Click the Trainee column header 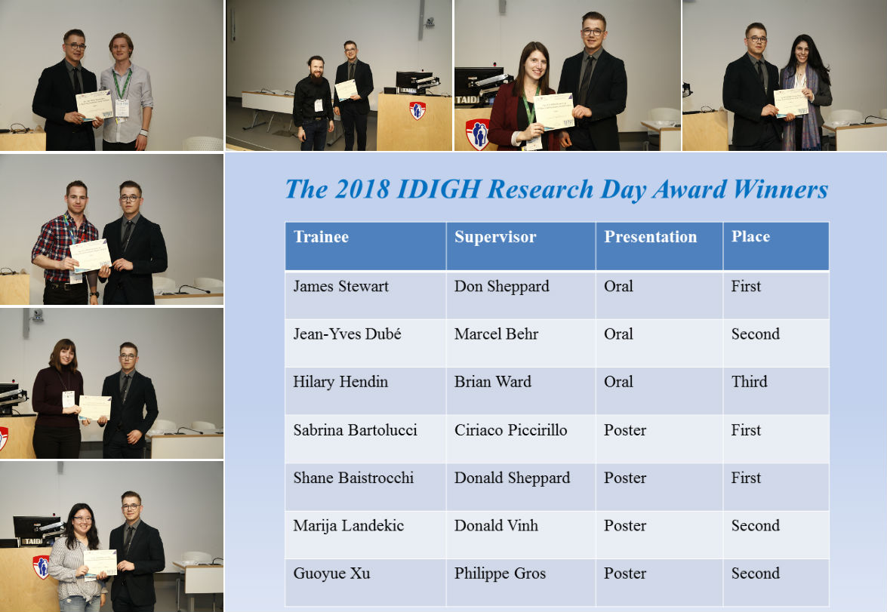point(321,236)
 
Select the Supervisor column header point(495,237)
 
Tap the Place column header point(750,236)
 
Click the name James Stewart point(340,286)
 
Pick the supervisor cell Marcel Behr point(496,334)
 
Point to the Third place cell point(749,382)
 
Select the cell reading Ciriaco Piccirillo point(510,430)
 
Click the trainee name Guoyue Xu point(331,574)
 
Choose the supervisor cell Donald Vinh point(496,525)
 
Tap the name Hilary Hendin point(340,382)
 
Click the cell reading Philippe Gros point(500,574)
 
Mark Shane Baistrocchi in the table point(353,478)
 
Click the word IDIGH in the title point(439,189)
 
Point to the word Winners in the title point(781,189)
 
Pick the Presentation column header point(651,237)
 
